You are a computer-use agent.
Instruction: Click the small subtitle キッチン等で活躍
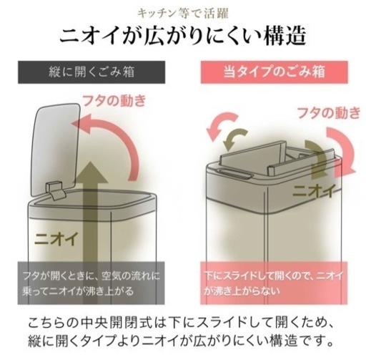(183, 14)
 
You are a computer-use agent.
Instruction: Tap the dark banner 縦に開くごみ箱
(91, 72)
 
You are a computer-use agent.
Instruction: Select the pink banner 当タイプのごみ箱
(274, 72)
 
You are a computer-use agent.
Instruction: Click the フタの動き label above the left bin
(114, 100)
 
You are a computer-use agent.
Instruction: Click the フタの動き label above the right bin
(329, 113)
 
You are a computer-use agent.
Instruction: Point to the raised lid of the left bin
(55, 149)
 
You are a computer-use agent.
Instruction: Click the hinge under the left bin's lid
(56, 190)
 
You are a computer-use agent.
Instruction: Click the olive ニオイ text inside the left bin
(56, 238)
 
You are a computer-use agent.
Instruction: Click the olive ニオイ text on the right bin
(314, 191)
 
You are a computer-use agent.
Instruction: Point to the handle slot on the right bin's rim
(234, 173)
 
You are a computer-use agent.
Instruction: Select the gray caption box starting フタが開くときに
(91, 283)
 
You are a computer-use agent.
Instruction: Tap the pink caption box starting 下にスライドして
(274, 283)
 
